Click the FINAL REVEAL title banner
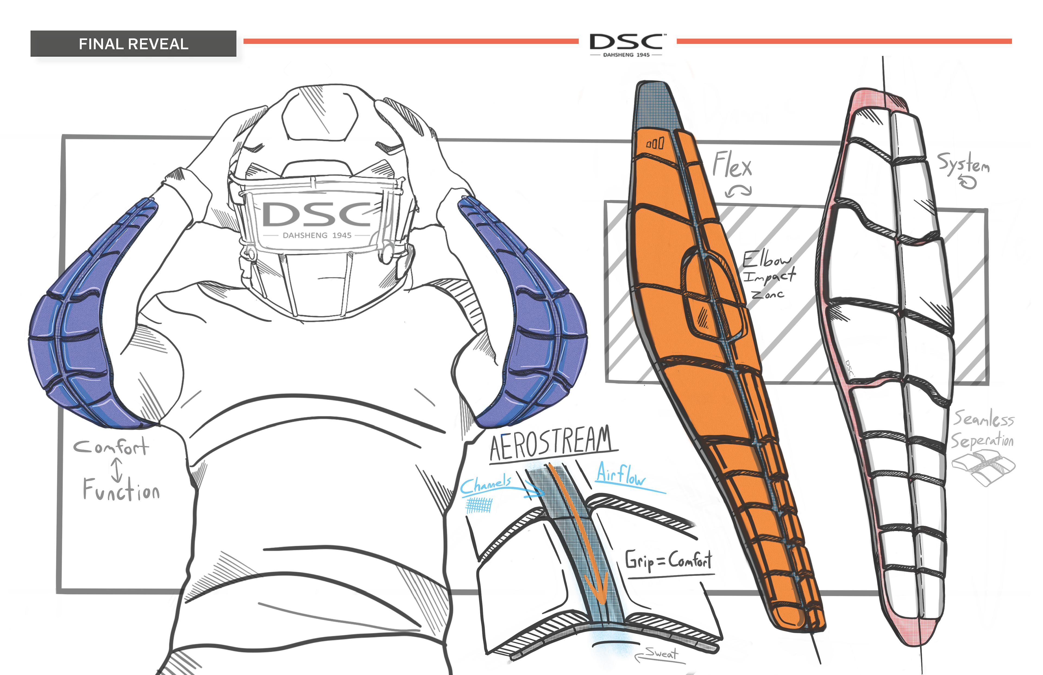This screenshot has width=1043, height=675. point(133,44)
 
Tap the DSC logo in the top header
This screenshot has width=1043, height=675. point(626,44)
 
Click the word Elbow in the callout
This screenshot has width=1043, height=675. point(766,259)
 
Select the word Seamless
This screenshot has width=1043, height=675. point(984,419)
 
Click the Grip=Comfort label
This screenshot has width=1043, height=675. point(668,560)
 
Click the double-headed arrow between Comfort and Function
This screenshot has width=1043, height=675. point(117,469)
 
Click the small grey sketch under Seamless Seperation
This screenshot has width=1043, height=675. point(984,469)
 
